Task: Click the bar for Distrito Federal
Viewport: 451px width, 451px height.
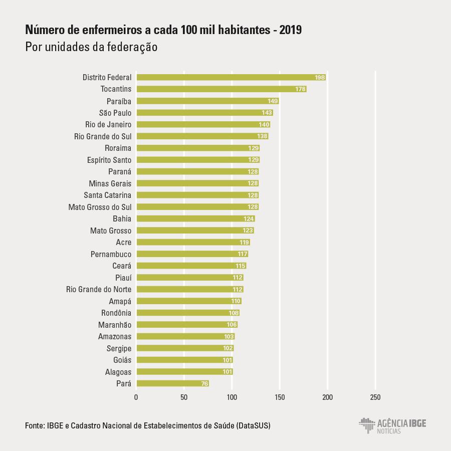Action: pos(231,77)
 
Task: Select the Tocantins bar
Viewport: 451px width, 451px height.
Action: pos(220,89)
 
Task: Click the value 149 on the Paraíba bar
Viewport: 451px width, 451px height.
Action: pos(273,101)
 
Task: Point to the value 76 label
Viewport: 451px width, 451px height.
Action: pos(204,384)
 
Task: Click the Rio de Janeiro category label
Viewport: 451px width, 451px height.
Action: pos(108,124)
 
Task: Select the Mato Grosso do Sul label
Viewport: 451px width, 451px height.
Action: pos(100,207)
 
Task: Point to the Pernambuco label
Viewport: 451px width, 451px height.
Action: pos(111,254)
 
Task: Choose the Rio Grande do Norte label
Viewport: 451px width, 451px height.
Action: pos(99,289)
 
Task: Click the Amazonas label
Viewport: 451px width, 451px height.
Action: pos(115,336)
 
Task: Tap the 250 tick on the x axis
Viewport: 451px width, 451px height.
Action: pos(375,397)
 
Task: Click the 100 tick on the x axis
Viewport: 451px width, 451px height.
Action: pos(232,397)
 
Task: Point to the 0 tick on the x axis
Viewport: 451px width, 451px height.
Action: pos(136,397)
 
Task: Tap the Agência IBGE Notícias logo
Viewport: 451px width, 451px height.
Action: pos(392,425)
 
